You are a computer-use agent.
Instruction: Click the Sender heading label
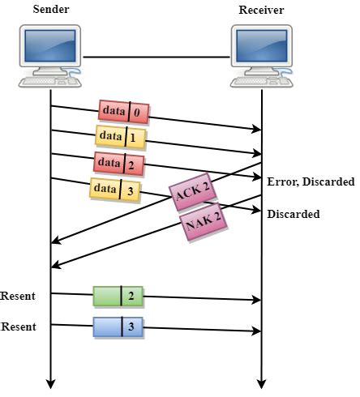[x=49, y=9]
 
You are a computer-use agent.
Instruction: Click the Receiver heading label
[x=262, y=9]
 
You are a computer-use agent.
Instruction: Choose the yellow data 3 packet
[x=115, y=190]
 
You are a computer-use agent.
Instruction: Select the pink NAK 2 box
[x=204, y=224]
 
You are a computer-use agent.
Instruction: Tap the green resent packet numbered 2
[x=118, y=296]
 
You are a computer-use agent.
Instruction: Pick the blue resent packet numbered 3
[x=118, y=327]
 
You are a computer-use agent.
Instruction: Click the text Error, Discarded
[x=311, y=181]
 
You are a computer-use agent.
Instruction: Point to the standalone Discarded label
[x=294, y=214]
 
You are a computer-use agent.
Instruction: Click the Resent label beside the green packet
[x=18, y=296]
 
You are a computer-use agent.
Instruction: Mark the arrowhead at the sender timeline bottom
[x=50, y=383]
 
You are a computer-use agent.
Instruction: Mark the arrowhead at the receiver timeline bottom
[x=261, y=383]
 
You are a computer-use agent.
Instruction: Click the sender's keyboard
[x=47, y=83]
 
